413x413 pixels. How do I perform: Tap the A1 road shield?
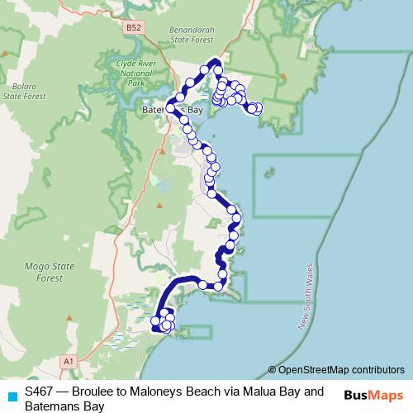pos(69,361)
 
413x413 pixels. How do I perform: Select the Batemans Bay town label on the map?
pos(172,110)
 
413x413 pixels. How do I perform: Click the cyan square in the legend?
pos(12,395)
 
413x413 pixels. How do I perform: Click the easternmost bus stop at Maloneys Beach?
pos(257,107)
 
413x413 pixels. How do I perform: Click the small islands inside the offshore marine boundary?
pos(268,173)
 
